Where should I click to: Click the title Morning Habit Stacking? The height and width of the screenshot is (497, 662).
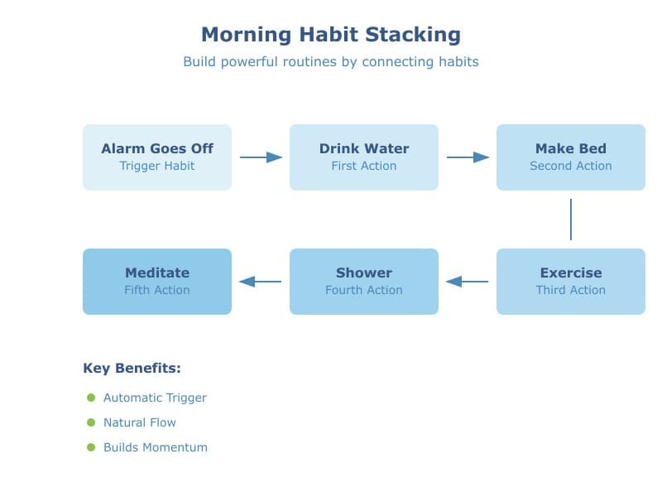331,35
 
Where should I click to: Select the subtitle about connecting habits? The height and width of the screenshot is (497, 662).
331,62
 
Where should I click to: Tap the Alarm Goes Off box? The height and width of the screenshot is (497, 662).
157,157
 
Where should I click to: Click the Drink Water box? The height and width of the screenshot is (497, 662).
364,157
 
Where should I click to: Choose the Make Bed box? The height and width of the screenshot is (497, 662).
571,157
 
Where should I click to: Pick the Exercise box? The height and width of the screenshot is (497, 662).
571,282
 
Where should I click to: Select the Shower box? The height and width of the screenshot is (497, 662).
364,282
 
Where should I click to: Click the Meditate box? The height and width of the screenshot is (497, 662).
157,282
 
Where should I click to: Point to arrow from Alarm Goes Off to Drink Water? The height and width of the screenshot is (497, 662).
261,157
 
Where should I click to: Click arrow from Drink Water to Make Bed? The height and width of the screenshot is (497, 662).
468,157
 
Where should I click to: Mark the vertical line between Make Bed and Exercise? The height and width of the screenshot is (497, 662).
571,220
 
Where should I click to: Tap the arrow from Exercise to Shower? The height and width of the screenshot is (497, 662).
468,282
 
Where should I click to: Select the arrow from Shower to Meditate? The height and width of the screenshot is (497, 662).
261,282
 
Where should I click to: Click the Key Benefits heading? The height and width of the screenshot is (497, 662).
132,369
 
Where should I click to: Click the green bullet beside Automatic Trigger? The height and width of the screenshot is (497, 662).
91,398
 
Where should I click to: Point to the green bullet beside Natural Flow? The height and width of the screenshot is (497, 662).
91,422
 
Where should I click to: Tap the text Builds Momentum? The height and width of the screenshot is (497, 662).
156,447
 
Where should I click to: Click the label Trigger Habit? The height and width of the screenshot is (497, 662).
157,166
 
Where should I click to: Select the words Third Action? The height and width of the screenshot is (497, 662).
571,291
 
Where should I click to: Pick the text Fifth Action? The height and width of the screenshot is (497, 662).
157,291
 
